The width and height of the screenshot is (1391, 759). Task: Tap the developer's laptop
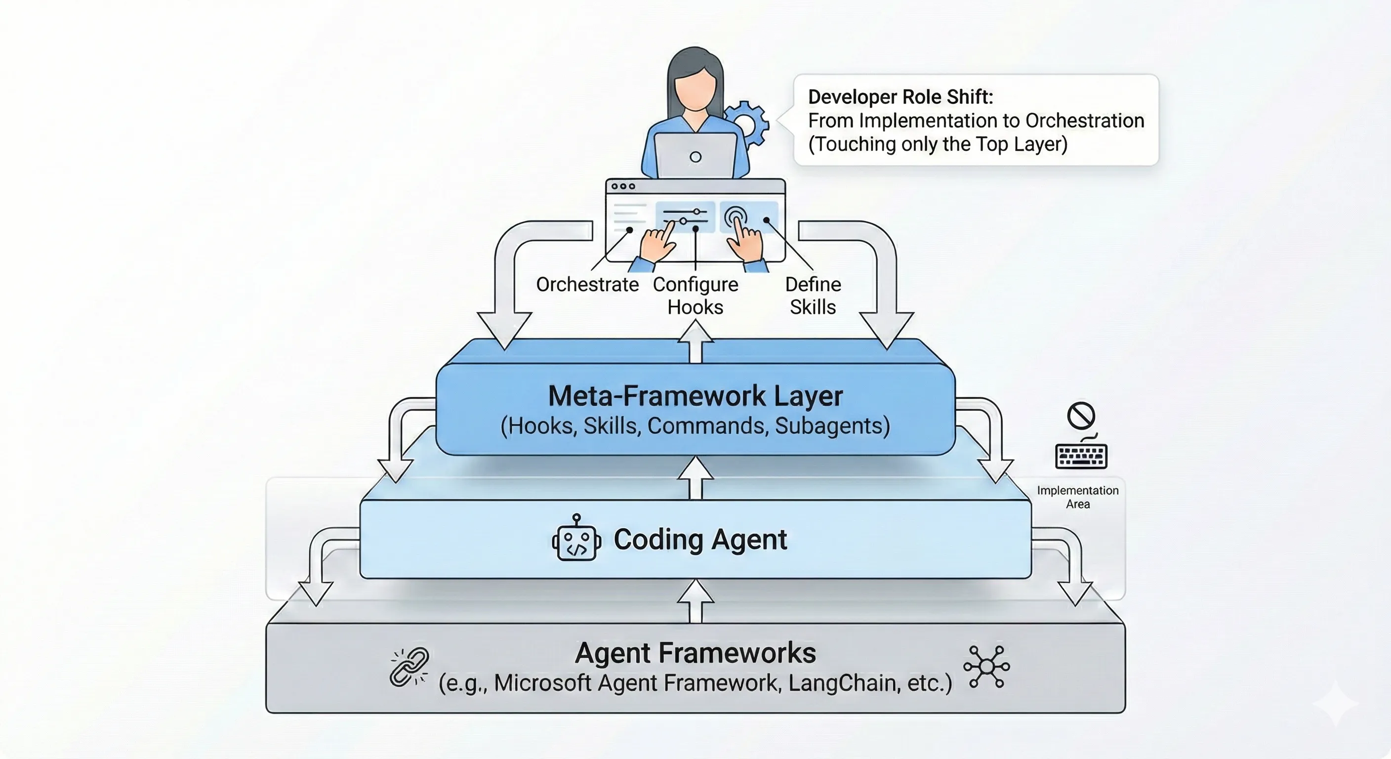[695, 156]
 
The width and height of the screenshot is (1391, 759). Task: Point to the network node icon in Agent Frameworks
[986, 667]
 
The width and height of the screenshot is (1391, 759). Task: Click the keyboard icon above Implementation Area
[1081, 456]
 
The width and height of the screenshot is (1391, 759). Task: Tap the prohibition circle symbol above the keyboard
[1081, 416]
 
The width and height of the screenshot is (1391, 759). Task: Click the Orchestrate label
[587, 285]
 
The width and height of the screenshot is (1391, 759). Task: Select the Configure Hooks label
[695, 295]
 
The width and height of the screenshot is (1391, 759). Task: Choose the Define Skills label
[813, 295]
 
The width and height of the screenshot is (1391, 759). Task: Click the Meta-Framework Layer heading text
[695, 396]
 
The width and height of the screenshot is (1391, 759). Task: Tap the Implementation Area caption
[1078, 497]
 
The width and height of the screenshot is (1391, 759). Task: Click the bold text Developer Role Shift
[900, 97]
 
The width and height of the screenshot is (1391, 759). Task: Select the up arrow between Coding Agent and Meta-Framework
[695, 478]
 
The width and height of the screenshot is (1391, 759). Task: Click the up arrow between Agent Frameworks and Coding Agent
[695, 601]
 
